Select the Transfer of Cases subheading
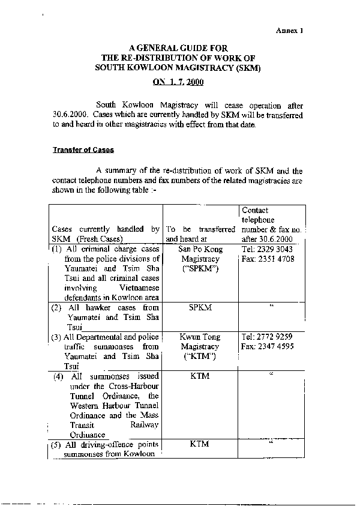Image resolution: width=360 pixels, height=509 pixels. [x=83, y=150]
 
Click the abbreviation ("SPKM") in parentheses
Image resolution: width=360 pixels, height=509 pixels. [x=199, y=270]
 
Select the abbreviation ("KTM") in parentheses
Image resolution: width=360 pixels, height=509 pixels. [x=199, y=358]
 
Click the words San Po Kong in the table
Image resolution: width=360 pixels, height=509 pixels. [x=199, y=248]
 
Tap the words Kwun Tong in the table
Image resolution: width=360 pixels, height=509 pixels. [x=199, y=336]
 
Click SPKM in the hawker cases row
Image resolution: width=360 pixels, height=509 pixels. [x=199, y=307]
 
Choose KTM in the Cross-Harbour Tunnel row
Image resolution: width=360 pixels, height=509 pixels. [x=199, y=376]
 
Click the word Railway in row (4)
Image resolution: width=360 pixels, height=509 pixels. [x=145, y=425]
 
